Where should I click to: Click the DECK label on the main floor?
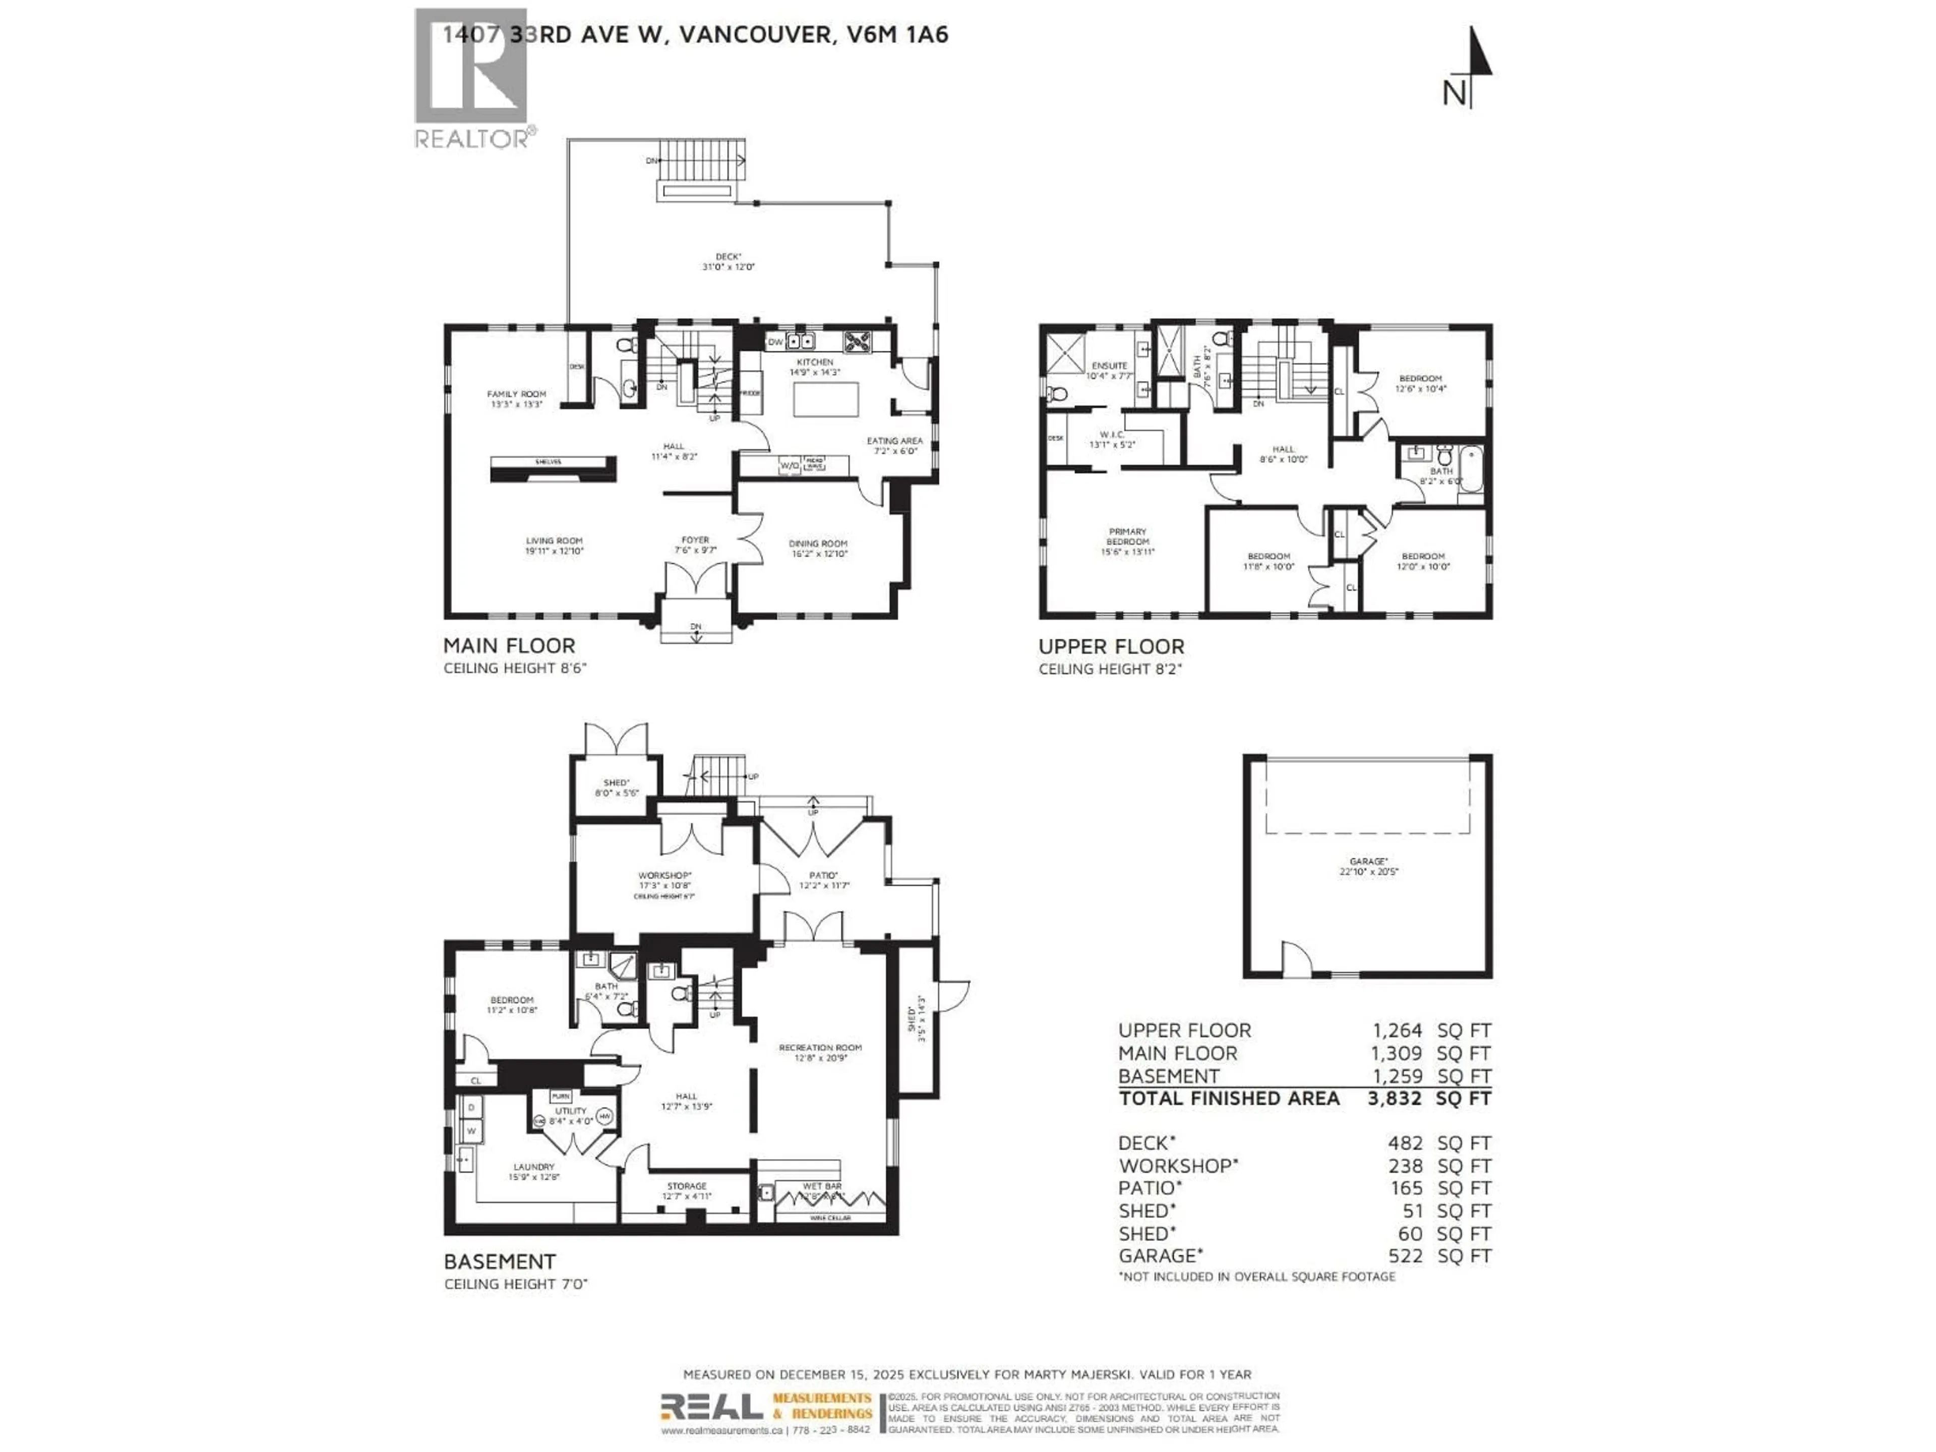click(728, 257)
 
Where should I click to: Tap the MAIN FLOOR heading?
click(509, 646)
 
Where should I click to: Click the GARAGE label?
click(1368, 861)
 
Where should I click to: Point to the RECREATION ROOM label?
click(820, 1048)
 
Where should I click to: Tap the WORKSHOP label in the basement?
click(664, 875)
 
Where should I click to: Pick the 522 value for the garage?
click(1405, 1256)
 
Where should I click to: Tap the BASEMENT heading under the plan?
click(499, 1261)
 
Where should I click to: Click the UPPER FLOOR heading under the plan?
click(1111, 647)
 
